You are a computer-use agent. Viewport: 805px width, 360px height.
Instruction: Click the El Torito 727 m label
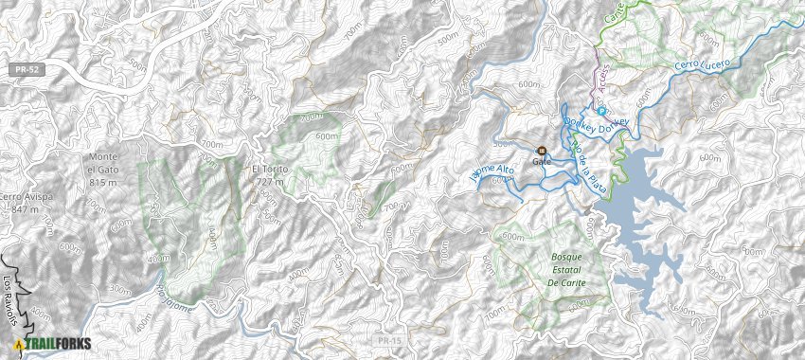click(x=270, y=175)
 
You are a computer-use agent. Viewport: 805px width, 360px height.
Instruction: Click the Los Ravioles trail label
click(x=10, y=301)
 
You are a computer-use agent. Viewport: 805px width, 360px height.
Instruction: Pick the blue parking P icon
click(x=600, y=110)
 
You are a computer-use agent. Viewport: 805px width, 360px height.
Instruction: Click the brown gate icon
click(x=542, y=151)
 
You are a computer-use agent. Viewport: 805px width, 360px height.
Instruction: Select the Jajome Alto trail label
click(x=492, y=173)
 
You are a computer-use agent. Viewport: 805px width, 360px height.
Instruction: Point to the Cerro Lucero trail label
click(x=702, y=64)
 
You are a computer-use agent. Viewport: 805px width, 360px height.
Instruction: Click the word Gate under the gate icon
click(x=542, y=162)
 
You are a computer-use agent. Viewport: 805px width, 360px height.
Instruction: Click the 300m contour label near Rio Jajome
click(x=120, y=290)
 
